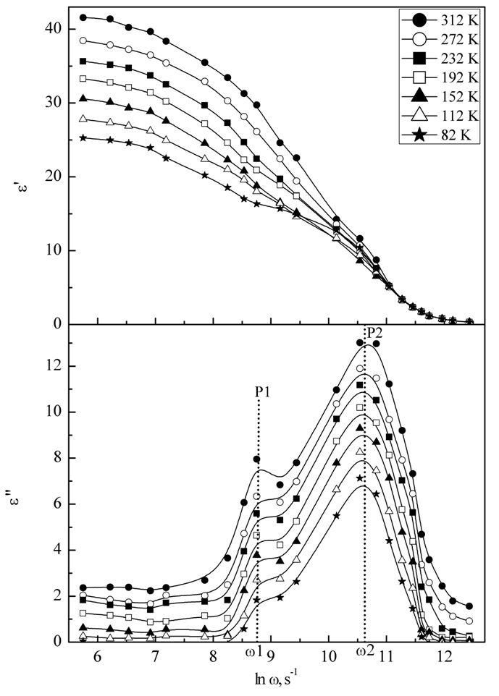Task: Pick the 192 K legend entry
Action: point(442,77)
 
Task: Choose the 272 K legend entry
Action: point(442,38)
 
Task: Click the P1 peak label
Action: point(263,391)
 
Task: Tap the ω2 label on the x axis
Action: point(364,651)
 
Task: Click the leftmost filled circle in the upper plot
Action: point(83,17)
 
